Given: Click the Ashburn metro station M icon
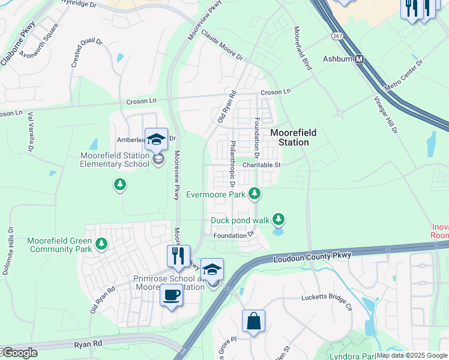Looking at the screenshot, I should click(x=360, y=59).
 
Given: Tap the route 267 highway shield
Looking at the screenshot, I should click(x=337, y=36).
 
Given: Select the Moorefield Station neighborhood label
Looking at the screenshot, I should click(x=293, y=137).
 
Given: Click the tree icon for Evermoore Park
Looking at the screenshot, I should click(x=256, y=193).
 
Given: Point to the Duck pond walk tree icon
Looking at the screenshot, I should click(x=278, y=220).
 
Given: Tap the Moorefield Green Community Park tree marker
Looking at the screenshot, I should click(x=101, y=244).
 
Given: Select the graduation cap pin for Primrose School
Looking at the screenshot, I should click(x=212, y=270).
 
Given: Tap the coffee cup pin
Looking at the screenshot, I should click(x=172, y=296).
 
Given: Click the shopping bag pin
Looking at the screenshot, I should click(x=253, y=321).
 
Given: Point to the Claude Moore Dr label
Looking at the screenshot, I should click(x=221, y=46).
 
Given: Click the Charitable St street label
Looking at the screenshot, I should click(x=262, y=164).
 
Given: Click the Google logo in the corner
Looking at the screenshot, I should click(x=19, y=353).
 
